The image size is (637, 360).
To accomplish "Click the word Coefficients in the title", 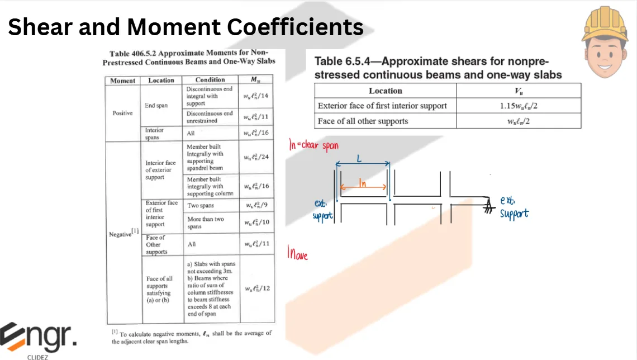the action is point(295,27).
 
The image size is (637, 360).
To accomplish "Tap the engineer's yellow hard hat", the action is point(605,25).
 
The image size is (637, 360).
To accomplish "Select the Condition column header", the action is point(210,79).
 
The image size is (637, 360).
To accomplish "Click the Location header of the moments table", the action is point(161,80).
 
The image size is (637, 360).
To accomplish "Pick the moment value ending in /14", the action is point(255,96).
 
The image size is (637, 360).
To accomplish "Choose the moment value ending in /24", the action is point(256,157).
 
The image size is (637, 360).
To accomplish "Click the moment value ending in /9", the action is point(256,205).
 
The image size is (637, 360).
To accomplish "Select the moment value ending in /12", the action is point(257,288).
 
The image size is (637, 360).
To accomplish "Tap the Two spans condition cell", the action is point(200,206).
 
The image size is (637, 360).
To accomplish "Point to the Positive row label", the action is point(122,113).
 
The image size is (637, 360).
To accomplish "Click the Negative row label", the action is point(123,233).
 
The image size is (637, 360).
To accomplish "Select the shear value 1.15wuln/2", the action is point(519,106).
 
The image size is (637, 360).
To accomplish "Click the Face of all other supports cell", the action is point(363,121).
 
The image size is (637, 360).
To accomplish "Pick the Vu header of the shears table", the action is point(519,91).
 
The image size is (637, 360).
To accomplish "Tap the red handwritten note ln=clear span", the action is point(313,145).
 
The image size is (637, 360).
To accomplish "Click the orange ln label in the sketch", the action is point(363,184).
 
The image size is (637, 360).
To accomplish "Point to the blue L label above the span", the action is point(359,158).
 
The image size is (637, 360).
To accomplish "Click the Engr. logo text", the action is point(38,337).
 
